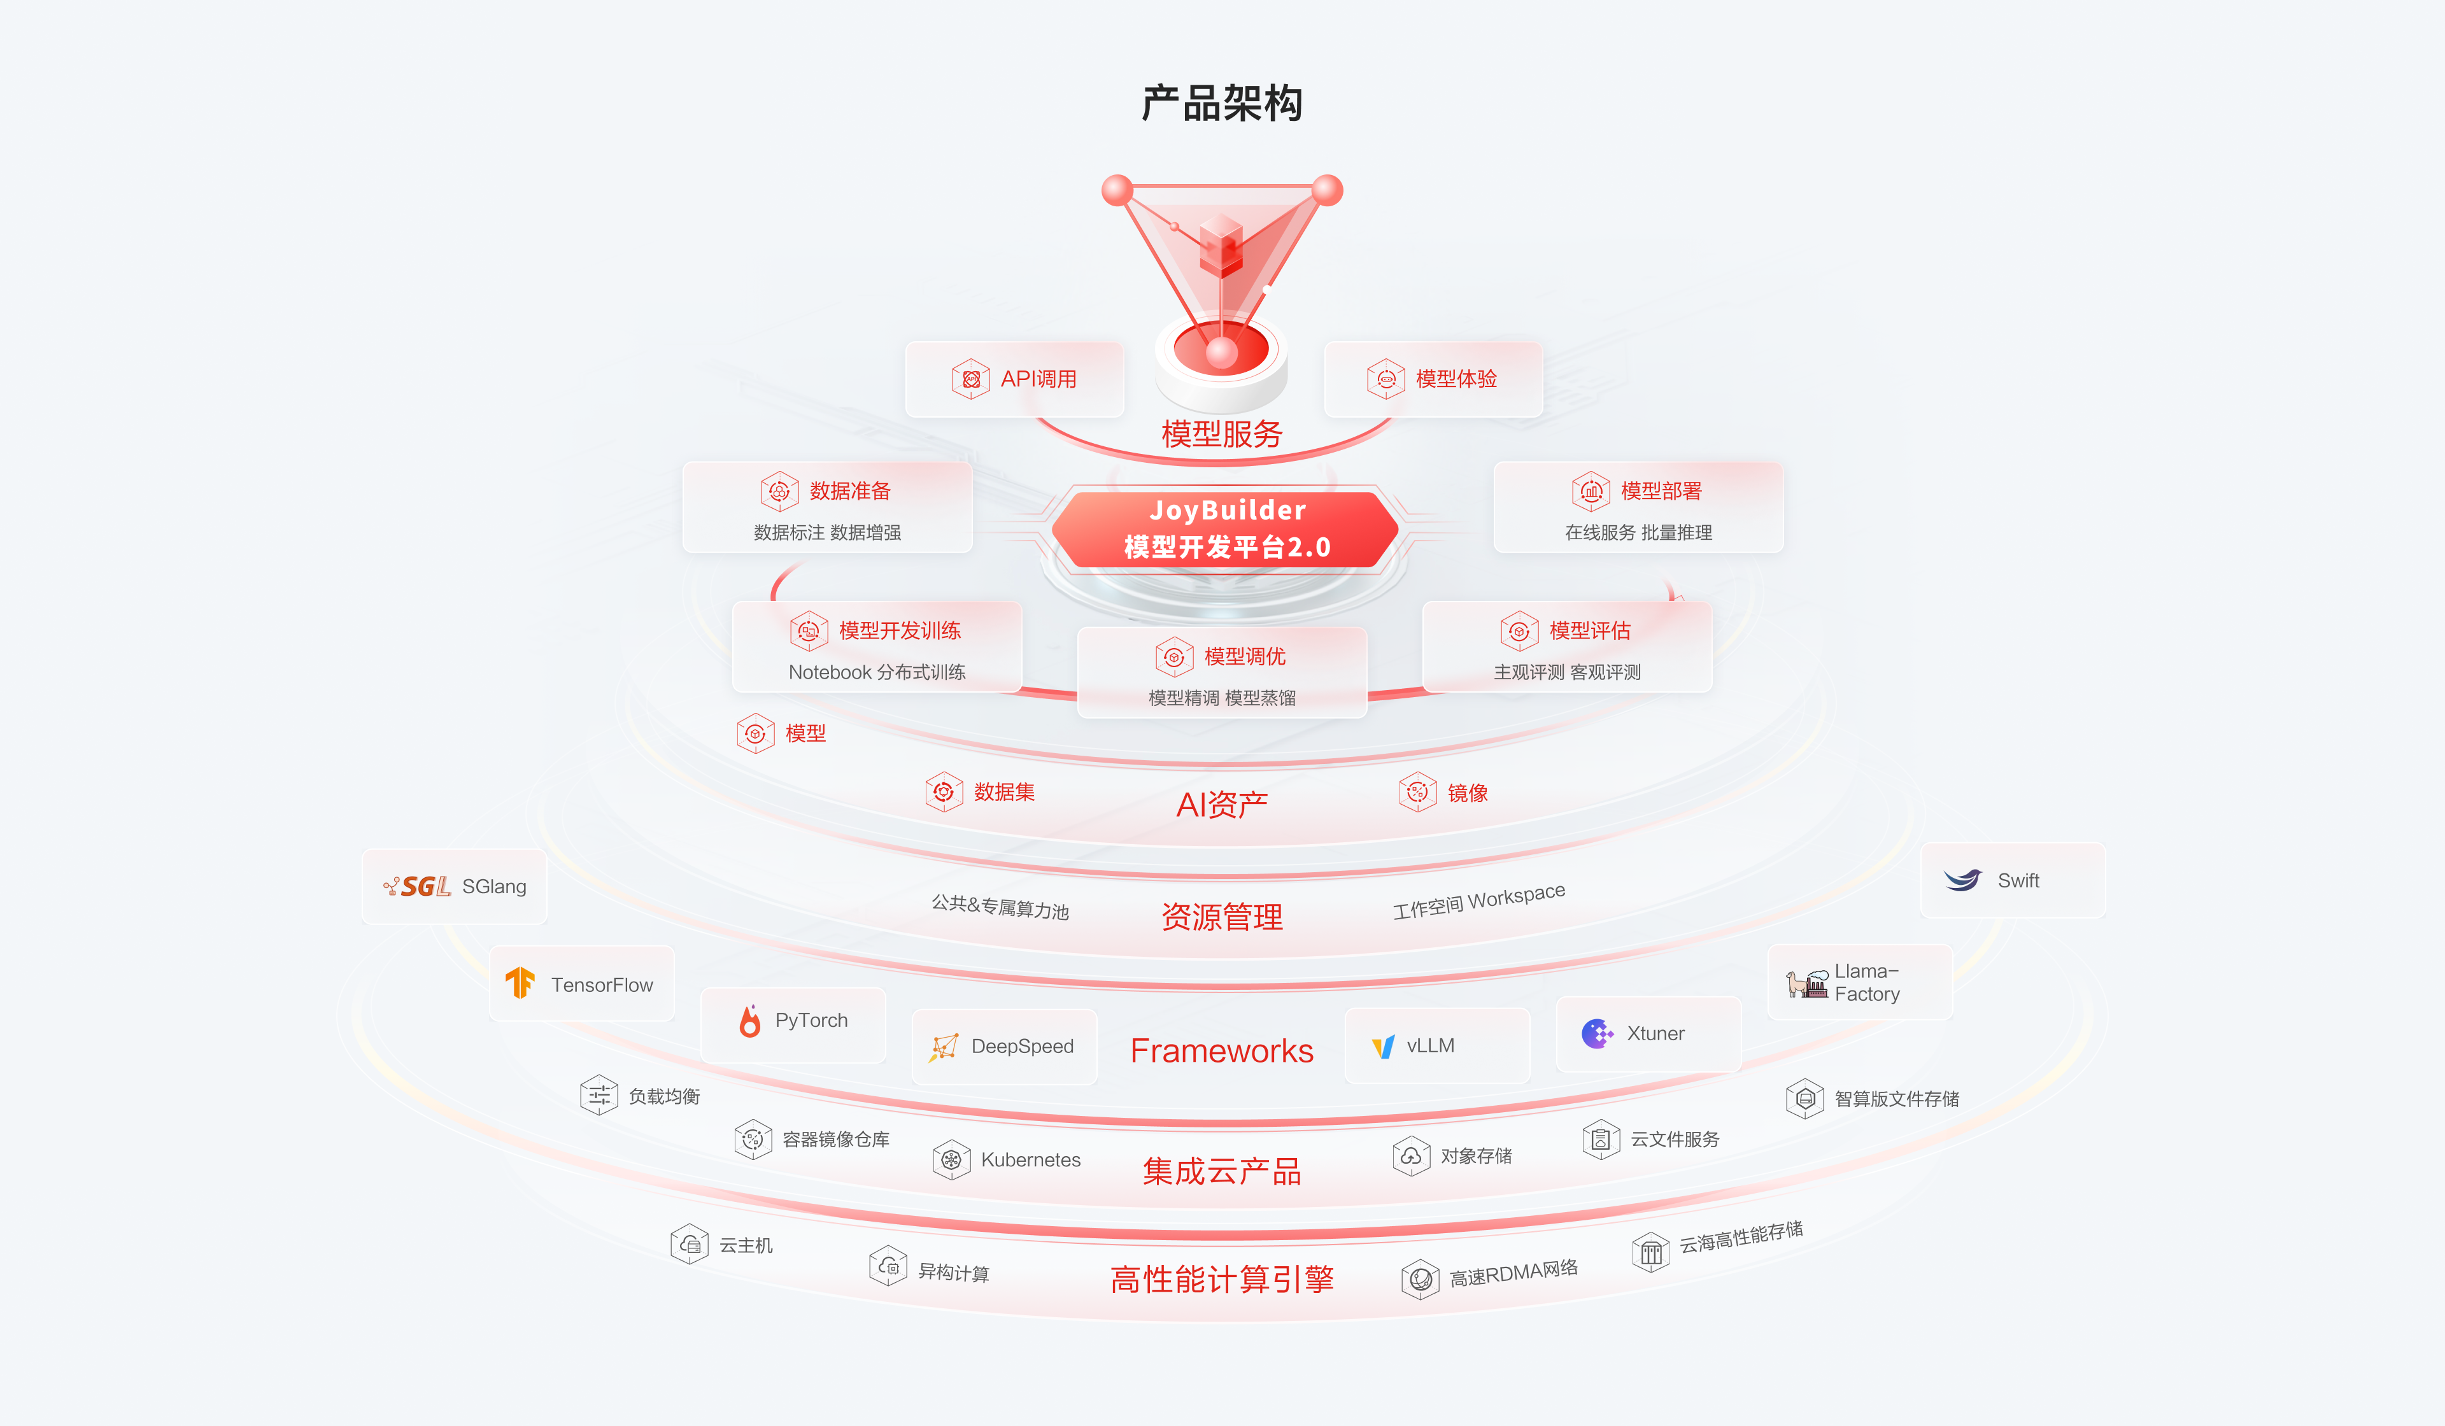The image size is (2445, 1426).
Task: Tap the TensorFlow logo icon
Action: coord(520,983)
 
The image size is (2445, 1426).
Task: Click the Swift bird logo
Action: coord(1963,880)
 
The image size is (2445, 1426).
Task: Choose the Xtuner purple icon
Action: coord(1597,1033)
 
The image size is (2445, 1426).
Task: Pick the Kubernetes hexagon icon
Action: coord(952,1159)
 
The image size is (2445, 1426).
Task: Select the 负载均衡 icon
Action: coord(599,1095)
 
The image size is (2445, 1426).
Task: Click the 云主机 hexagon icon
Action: coord(689,1244)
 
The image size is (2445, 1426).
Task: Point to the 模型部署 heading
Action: coord(1661,491)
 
